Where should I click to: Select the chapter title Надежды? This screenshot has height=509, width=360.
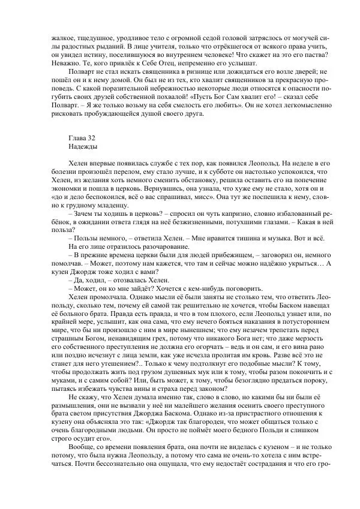pyautogui.click(x=82, y=146)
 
